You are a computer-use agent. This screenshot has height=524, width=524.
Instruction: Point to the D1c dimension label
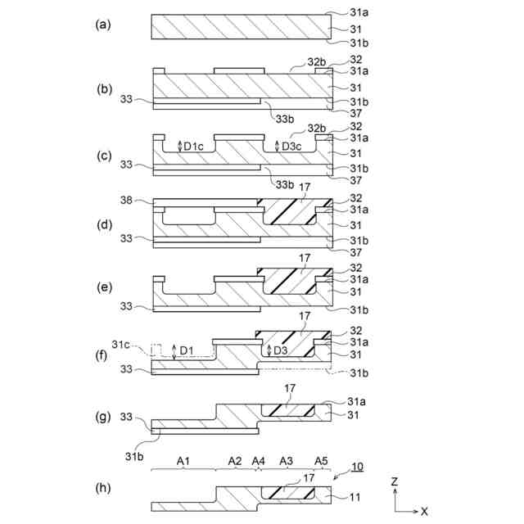194,146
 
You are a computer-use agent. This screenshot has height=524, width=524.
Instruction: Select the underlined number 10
357,467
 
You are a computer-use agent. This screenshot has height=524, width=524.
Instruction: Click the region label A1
185,462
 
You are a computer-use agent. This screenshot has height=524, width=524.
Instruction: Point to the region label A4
259,462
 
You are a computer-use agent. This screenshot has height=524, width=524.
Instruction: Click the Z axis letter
395,482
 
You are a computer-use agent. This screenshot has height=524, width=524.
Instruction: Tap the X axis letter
424,512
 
